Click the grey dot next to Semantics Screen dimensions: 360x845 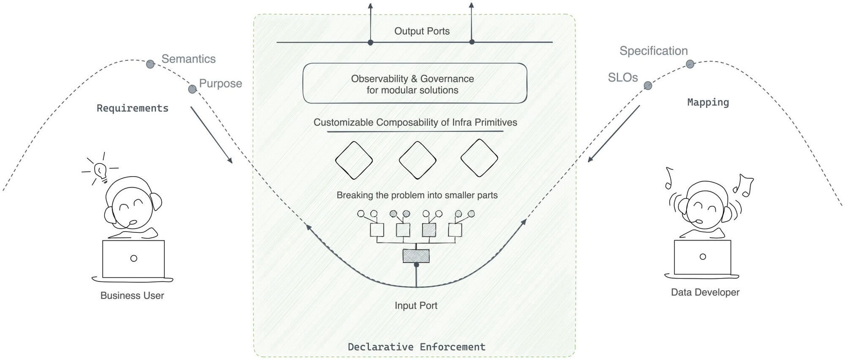coord(150,64)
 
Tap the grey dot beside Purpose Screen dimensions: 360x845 coord(192,89)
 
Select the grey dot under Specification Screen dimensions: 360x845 coord(690,64)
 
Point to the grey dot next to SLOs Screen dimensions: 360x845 coord(648,86)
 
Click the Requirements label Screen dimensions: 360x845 coord(132,108)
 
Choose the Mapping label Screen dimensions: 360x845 coord(708,102)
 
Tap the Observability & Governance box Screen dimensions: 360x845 coord(414,84)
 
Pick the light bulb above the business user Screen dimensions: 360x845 coord(100,170)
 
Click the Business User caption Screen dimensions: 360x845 coord(132,295)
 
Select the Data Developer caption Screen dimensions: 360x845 coord(705,292)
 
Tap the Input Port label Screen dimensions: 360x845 coord(416,305)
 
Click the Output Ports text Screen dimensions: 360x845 coord(422,31)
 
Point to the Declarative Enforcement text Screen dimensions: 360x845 coord(416,347)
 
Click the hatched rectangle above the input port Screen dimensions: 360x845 coord(416,256)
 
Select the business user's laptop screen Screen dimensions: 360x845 coord(134,259)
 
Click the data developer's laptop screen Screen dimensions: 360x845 coord(702,257)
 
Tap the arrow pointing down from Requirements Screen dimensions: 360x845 coord(211,135)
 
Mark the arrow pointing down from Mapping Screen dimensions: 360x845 coord(614,134)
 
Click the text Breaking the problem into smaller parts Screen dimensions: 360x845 coord(417,195)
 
